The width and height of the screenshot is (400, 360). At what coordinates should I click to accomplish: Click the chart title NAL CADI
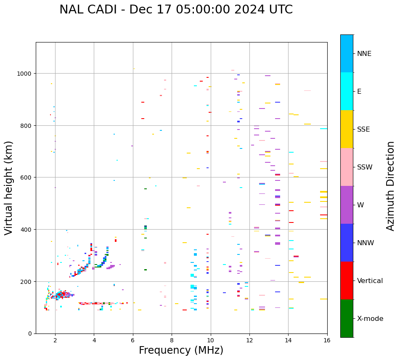coord(176,10)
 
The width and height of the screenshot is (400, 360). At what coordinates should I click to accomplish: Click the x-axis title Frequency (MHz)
coord(181,350)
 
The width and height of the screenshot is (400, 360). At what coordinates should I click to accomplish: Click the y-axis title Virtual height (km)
coord(9,188)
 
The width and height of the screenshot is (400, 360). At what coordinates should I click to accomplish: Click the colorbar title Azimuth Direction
coord(391,186)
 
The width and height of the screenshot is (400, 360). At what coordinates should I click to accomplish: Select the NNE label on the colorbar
coord(364,54)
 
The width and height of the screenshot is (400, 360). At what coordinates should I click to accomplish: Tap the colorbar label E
coord(359,92)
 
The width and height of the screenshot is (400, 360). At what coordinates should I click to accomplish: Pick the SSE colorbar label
coord(363,130)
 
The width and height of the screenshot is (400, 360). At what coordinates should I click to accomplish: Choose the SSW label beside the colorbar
coord(365,167)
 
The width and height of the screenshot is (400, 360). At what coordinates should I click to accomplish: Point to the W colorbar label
coord(360,205)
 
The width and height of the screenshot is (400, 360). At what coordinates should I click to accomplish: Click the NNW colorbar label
coord(366,243)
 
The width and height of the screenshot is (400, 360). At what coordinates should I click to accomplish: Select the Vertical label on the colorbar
coord(370,281)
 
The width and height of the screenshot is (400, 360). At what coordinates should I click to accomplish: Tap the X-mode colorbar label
coord(370,319)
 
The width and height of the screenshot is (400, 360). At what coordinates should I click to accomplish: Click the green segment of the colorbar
coord(347,318)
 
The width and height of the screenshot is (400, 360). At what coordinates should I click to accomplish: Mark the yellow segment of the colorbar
coord(347,129)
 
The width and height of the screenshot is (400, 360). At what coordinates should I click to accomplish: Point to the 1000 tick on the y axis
coord(24,74)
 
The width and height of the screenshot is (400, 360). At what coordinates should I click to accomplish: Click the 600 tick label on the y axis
coord(26,177)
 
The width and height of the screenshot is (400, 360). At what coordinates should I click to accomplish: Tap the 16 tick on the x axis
coord(327,340)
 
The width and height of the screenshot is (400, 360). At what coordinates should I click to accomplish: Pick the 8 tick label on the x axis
coord(172,340)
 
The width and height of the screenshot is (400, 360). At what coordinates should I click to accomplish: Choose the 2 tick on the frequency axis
coord(55,340)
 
